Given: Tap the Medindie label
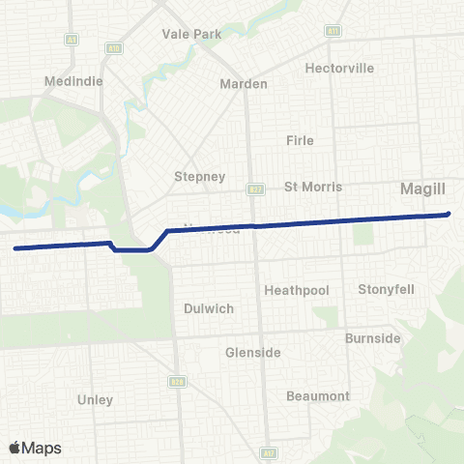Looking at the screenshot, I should pyautogui.click(x=68, y=81).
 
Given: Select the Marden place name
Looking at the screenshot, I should pyautogui.click(x=244, y=84).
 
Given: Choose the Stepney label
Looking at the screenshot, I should pyautogui.click(x=199, y=177).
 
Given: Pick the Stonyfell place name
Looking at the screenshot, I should pyautogui.click(x=386, y=289).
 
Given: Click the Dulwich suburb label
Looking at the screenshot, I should pyautogui.click(x=209, y=309).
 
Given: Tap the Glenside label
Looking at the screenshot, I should pyautogui.click(x=253, y=353).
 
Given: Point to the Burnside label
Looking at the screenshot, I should pyautogui.click(x=373, y=338).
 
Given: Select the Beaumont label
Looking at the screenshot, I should pyautogui.click(x=318, y=396).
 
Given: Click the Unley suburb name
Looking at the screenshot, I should pyautogui.click(x=95, y=399).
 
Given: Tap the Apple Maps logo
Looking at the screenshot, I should pyautogui.click(x=35, y=448).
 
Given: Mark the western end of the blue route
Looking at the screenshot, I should pyautogui.click(x=15, y=248).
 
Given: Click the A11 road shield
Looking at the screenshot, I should pyautogui.click(x=333, y=32).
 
